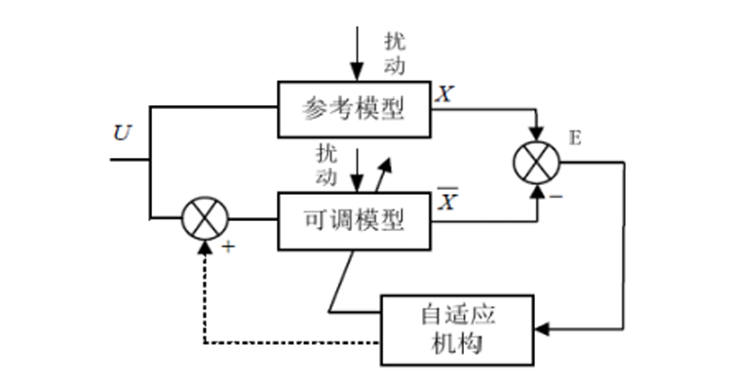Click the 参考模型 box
click(355, 106)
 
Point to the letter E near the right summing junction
click(574, 138)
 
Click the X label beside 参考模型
click(444, 94)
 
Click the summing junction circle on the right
click(537, 161)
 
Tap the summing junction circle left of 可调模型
click(205, 218)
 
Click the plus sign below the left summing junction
click(230, 246)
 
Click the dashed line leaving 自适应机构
click(292, 342)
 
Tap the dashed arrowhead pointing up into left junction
click(205, 247)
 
